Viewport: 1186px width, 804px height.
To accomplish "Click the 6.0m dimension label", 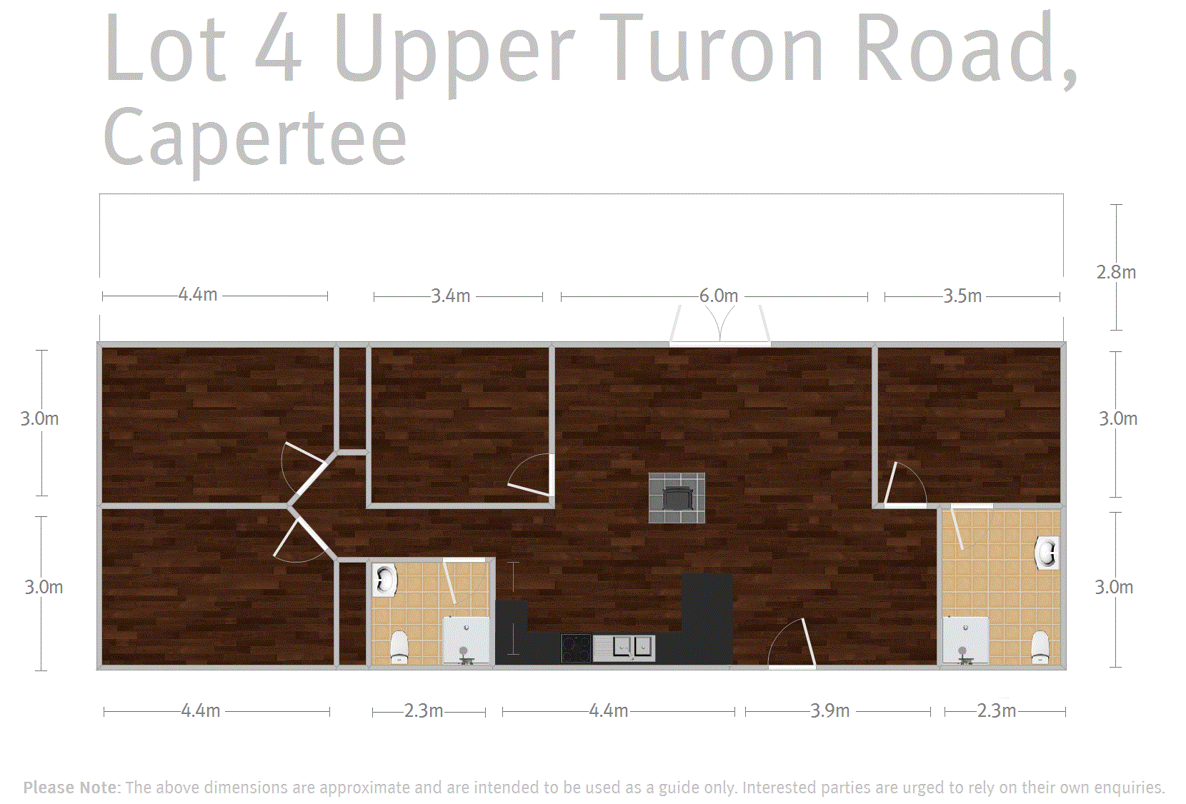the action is pyautogui.click(x=719, y=296).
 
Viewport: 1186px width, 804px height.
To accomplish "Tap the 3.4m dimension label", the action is pyautogui.click(x=451, y=296).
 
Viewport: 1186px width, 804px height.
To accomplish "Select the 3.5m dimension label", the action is pyautogui.click(x=962, y=296).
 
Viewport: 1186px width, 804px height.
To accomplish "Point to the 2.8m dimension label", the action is pyautogui.click(x=1116, y=272).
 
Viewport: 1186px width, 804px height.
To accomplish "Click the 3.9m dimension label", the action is pyautogui.click(x=829, y=710).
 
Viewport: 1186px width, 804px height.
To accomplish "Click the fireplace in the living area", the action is pyautogui.click(x=677, y=498).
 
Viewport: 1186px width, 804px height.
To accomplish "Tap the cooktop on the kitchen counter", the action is pyautogui.click(x=576, y=648).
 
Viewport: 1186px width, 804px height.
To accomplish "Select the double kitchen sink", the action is pyautogui.click(x=624, y=648).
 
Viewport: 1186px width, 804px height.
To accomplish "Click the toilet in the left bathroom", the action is pyautogui.click(x=399, y=647).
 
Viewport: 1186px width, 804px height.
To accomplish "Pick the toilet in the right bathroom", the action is pyautogui.click(x=1040, y=647).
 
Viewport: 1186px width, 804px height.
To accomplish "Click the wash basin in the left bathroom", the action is pyautogui.click(x=385, y=580).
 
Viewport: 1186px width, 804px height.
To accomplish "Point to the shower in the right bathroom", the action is pyautogui.click(x=966, y=640).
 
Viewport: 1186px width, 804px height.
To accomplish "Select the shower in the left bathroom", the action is pyautogui.click(x=466, y=640).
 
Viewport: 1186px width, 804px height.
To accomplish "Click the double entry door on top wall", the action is pyautogui.click(x=720, y=326).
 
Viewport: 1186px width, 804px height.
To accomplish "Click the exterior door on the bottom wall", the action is pyautogui.click(x=792, y=643).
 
